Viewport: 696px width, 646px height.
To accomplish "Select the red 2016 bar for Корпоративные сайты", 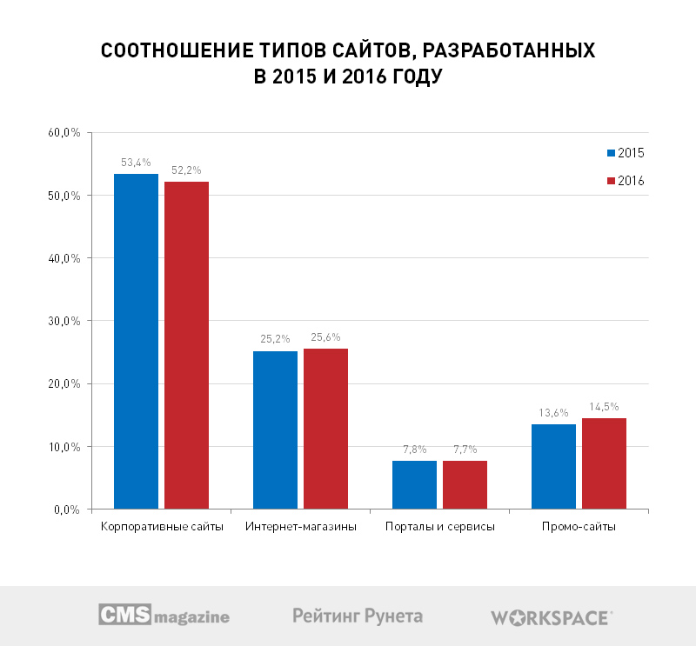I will tap(186, 344).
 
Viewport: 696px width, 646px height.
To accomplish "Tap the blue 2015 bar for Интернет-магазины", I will tap(275, 430).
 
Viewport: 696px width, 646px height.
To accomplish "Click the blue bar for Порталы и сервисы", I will tap(414, 484).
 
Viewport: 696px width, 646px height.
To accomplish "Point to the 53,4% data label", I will tap(137, 163).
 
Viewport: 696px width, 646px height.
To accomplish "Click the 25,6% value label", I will tap(325, 337).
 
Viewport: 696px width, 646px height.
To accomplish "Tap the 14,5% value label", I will tap(604, 407).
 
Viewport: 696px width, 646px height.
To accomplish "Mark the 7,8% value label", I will tap(414, 450).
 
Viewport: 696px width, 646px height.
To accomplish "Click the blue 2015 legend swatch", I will tap(611, 153).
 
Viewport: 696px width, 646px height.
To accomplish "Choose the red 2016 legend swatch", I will tap(611, 180).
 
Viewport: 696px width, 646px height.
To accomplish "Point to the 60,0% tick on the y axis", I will tap(64, 133).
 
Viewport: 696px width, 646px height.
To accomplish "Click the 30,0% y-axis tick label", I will tap(64, 321).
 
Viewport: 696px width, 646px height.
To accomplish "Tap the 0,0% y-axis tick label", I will tap(67, 509).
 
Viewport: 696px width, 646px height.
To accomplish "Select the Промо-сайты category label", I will tap(579, 528).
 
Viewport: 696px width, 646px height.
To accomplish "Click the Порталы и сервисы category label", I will tap(439, 528).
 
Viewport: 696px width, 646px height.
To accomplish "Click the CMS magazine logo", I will tap(164, 616).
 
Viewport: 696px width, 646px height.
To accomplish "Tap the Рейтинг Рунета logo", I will tap(358, 616).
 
